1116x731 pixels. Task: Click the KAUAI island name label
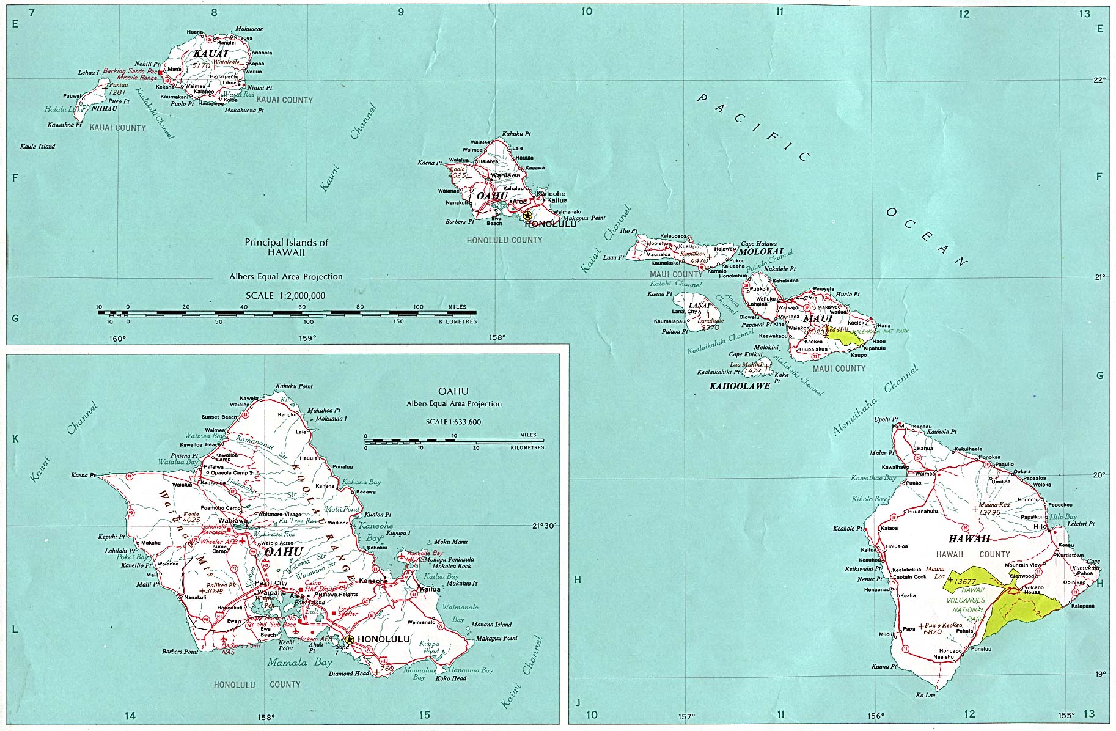point(211,54)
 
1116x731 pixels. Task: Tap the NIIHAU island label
point(104,108)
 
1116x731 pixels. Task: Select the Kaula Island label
point(37,147)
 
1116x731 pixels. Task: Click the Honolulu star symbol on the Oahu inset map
point(349,639)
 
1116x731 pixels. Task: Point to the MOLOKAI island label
point(761,251)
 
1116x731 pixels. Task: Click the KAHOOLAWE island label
point(740,386)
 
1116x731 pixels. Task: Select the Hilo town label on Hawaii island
point(1040,526)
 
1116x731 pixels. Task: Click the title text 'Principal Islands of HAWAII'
point(286,247)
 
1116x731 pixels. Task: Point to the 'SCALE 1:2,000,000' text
point(285,296)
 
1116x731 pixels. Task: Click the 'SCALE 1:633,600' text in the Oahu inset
point(453,422)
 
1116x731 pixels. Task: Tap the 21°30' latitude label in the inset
point(545,526)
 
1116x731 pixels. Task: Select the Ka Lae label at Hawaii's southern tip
point(925,695)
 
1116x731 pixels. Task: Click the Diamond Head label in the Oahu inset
point(349,674)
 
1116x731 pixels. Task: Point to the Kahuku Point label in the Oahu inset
point(294,386)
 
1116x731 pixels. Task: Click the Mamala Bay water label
point(299,663)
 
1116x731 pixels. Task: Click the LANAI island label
point(699,306)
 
